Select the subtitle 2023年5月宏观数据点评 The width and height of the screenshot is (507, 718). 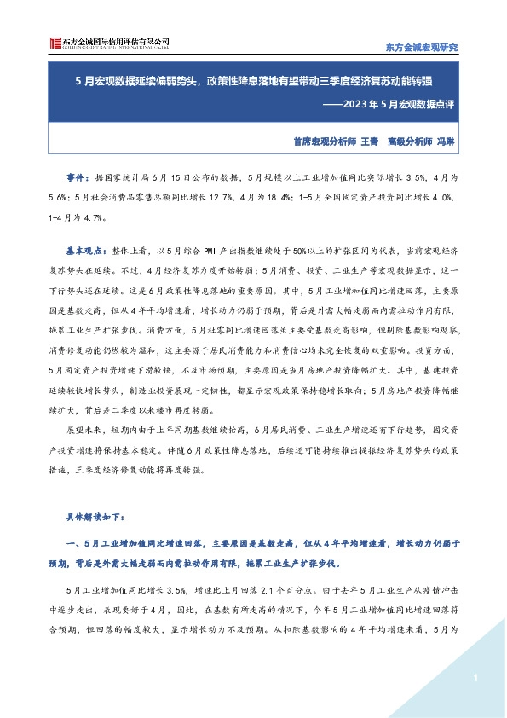click(391, 106)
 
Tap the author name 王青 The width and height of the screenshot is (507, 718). click(369, 142)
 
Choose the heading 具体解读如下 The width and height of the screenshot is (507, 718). click(96, 517)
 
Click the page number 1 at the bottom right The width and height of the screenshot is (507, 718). click(472, 678)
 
